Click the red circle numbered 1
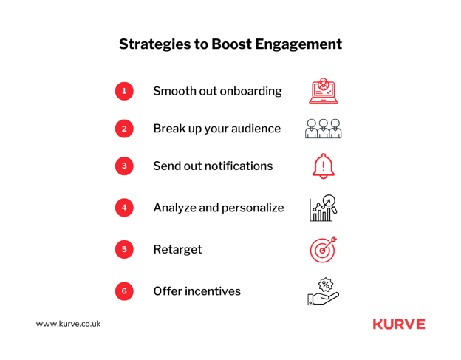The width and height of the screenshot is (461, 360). tap(124, 91)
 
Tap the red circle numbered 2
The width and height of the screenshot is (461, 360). tap(124, 129)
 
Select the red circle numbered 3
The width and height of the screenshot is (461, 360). tap(124, 166)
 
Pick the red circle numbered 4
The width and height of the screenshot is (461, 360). tap(124, 208)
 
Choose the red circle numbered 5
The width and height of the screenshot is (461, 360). tap(124, 249)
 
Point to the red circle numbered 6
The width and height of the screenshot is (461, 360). tap(124, 291)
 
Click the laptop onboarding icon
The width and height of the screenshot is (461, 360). tap(323, 91)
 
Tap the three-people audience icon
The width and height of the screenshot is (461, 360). tap(323, 129)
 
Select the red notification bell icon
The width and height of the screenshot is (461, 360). tap(323, 166)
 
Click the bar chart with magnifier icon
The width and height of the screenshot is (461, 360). tap(323, 208)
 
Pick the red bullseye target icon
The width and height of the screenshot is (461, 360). tap(323, 249)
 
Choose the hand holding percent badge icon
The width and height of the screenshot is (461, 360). tap(323, 291)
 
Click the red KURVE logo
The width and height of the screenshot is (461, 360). tap(399, 324)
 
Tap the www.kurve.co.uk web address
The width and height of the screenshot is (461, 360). tap(68, 324)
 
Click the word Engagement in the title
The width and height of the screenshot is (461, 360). tap(298, 44)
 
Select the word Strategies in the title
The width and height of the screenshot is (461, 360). tap(154, 44)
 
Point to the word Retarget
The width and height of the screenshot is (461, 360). tap(177, 250)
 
